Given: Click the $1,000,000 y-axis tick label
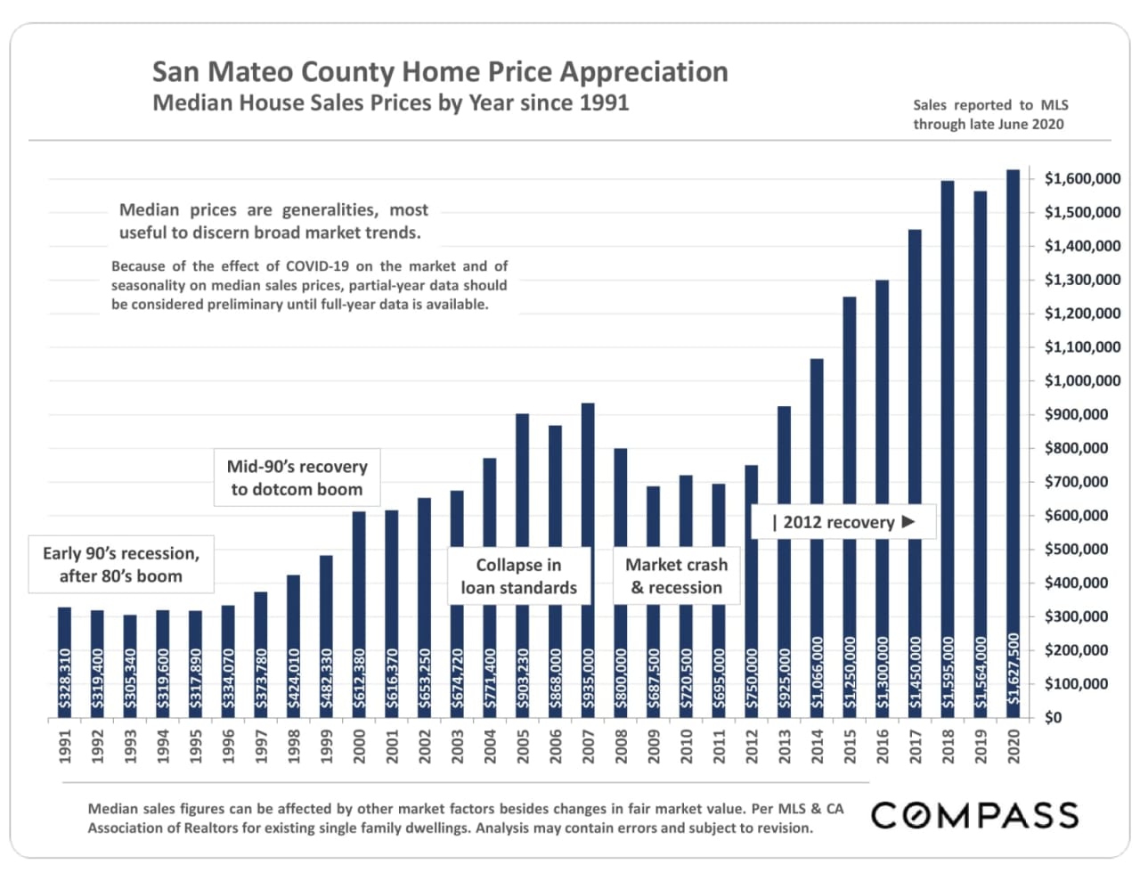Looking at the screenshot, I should [x=1082, y=381].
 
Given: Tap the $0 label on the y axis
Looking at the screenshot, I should [x=1053, y=718].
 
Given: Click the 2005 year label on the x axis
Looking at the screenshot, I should [x=523, y=746].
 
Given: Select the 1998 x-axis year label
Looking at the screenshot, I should [x=294, y=746].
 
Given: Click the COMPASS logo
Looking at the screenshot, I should [x=974, y=815].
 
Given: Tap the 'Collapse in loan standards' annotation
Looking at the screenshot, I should [x=518, y=576].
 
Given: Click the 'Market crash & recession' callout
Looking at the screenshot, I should [x=676, y=576].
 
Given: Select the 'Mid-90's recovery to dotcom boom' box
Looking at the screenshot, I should [x=297, y=477].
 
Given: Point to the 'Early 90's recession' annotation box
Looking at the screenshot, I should [x=121, y=565].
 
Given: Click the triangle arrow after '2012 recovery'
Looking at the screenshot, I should [x=908, y=522].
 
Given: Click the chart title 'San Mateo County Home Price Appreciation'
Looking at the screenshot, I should [x=440, y=71].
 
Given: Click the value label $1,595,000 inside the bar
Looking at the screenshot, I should [x=948, y=673].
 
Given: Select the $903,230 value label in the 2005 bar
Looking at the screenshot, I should [x=523, y=679].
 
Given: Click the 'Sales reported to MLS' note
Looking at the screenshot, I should [x=989, y=105].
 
